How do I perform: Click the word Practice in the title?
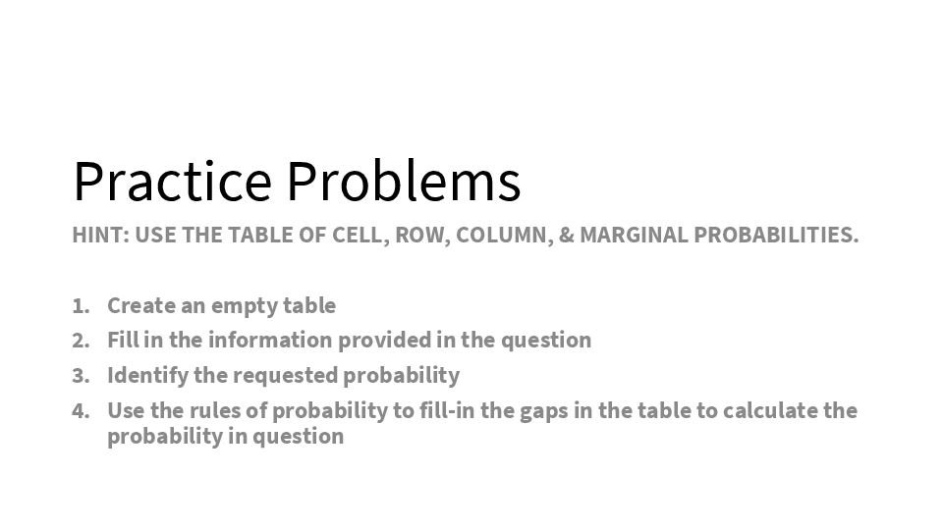173,181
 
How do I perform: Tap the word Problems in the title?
404,181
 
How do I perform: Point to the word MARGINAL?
634,235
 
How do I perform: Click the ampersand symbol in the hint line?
567,235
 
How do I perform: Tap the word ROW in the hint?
422,235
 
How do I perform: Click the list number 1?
81,306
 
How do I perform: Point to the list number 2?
81,341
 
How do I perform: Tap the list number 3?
81,376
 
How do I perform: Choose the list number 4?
81,411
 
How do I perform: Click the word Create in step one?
141,306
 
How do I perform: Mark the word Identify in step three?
148,376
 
